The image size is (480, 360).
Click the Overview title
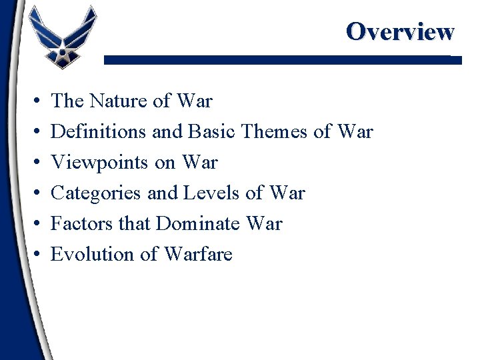(400, 31)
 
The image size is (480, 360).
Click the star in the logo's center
(63, 48)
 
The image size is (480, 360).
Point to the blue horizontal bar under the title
(280, 59)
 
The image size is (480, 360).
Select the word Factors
(76, 224)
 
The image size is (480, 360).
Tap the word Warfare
(198, 255)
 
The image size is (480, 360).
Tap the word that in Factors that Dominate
(134, 224)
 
